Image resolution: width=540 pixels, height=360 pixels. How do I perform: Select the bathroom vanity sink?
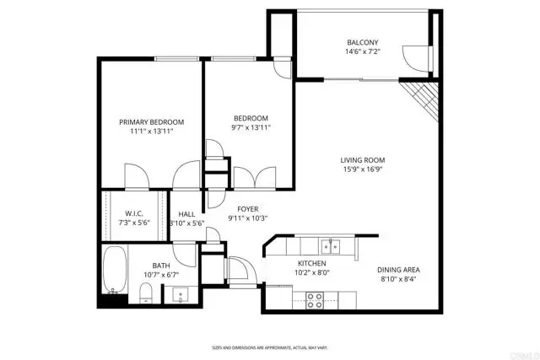coord(180,295)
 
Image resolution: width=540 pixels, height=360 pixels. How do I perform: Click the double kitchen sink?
coord(330,246)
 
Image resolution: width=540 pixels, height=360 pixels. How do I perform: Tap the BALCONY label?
coord(363,43)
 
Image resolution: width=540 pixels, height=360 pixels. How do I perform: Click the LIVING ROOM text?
coord(363,160)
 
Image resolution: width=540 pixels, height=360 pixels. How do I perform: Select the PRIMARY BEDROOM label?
coord(151,122)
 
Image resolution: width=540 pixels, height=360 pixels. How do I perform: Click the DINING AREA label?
coord(399,270)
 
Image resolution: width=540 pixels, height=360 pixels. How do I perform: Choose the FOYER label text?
coord(247,208)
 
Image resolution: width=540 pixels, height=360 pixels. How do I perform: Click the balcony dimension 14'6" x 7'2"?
coord(363,53)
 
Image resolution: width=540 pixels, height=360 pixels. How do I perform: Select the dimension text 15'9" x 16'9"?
coord(363,170)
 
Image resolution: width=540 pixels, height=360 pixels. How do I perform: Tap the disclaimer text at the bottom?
coord(269,347)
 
